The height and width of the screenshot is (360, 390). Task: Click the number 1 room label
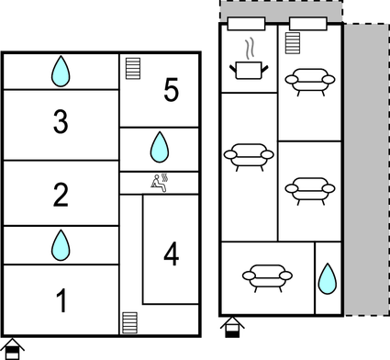[61, 300]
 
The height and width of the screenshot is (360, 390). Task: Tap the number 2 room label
[61, 195]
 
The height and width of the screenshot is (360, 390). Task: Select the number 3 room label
[61, 122]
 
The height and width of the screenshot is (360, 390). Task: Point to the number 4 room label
[171, 254]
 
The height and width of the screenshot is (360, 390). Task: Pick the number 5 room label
[171, 90]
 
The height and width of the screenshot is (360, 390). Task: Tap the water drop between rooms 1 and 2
[61, 244]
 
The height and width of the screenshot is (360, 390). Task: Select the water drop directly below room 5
[160, 145]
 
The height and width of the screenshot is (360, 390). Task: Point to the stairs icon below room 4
[130, 323]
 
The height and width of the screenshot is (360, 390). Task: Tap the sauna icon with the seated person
[159, 183]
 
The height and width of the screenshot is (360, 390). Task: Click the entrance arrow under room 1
[15, 346]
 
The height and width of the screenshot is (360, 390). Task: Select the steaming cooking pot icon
[248, 64]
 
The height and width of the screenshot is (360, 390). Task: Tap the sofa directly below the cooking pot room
[248, 156]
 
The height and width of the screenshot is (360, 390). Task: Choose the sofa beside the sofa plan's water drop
[267, 276]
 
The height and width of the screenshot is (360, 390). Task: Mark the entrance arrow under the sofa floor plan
[232, 327]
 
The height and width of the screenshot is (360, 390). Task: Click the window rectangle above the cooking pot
[247, 23]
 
